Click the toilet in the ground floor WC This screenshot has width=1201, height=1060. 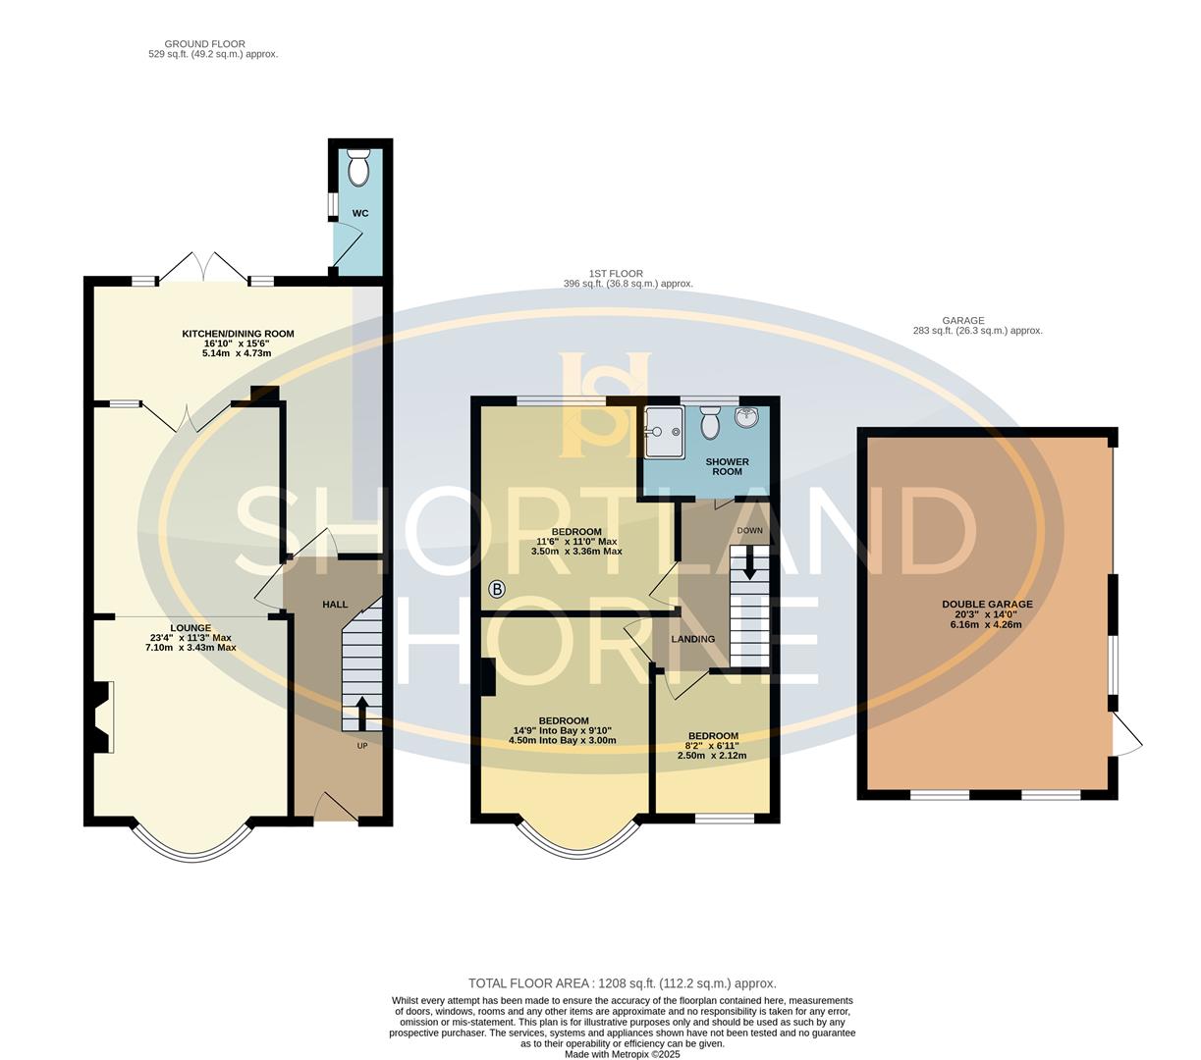(x=359, y=170)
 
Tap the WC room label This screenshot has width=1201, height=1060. (x=360, y=213)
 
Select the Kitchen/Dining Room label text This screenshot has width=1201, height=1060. (x=238, y=334)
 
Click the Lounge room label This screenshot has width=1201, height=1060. (x=191, y=628)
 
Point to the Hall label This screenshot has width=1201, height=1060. (x=335, y=605)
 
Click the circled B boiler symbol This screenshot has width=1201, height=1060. (x=497, y=590)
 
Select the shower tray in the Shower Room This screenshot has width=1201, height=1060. (x=665, y=432)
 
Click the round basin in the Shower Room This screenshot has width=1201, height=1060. (x=748, y=418)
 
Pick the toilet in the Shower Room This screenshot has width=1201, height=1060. (x=711, y=424)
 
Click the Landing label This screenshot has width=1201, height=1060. (x=693, y=639)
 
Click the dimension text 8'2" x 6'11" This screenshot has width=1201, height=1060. (x=712, y=746)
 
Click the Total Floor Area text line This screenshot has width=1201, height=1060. (x=622, y=982)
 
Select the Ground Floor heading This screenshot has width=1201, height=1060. (x=205, y=44)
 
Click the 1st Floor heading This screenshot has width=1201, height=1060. (x=616, y=274)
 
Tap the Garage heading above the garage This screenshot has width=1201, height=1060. (x=962, y=321)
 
